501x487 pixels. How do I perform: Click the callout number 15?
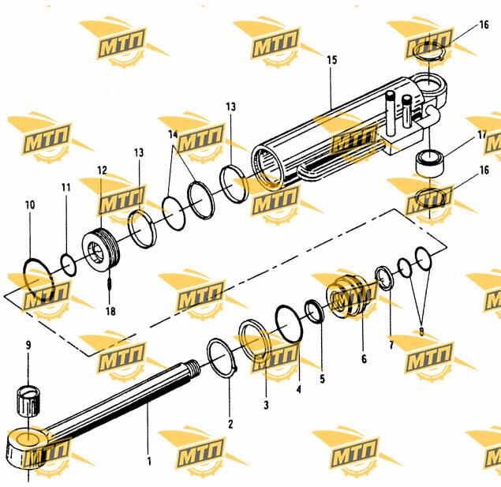click(x=332, y=60)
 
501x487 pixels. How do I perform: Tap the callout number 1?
click(x=149, y=461)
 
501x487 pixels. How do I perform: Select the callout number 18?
click(x=110, y=311)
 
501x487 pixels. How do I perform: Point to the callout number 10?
click(x=30, y=205)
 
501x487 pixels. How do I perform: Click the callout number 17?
click(x=482, y=135)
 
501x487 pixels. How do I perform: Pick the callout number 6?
click(x=364, y=359)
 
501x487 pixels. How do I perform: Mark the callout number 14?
click(x=173, y=134)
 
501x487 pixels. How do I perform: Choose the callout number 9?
click(x=28, y=345)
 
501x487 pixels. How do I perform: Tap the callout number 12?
click(x=103, y=170)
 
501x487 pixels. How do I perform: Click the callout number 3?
click(x=266, y=405)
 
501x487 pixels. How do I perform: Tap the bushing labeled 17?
click(x=430, y=163)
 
